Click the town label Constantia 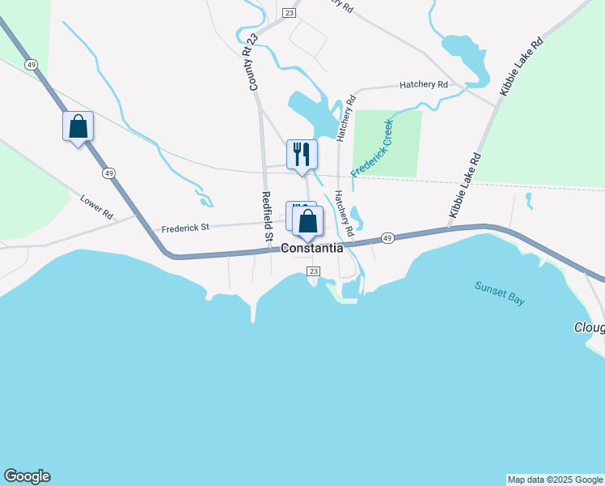[x=312, y=249]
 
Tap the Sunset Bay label [x=499, y=292]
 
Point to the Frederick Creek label [x=372, y=149]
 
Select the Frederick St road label [x=185, y=228]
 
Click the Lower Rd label [x=96, y=207]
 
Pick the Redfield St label [x=266, y=216]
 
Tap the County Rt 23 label [x=253, y=62]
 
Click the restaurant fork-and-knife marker [x=302, y=154]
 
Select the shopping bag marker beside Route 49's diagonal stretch [x=78, y=126]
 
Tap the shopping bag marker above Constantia [x=307, y=220]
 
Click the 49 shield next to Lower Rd [x=108, y=173]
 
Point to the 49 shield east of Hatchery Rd [x=388, y=238]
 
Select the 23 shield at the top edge [x=289, y=12]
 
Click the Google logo [x=27, y=476]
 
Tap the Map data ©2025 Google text [x=555, y=480]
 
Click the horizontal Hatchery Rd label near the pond [x=424, y=84]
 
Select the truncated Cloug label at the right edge [x=589, y=327]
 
